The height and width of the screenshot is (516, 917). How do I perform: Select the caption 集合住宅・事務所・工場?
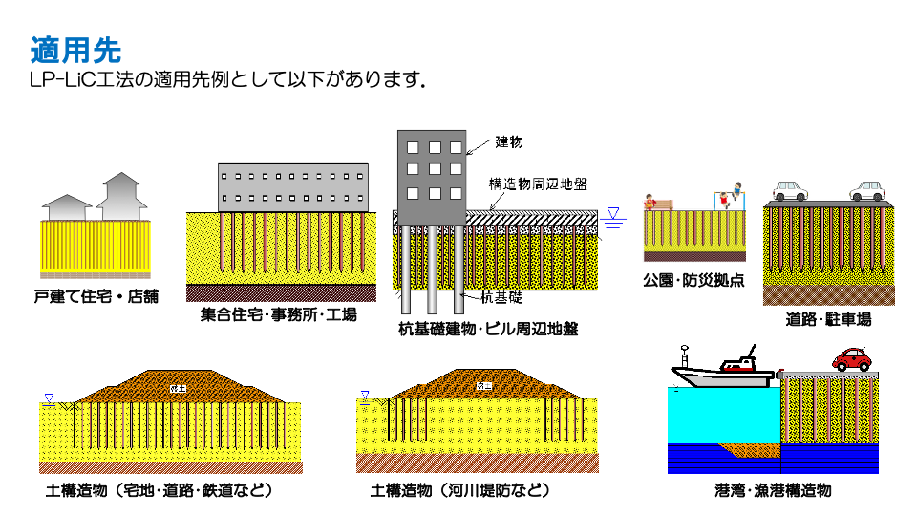pos(279,314)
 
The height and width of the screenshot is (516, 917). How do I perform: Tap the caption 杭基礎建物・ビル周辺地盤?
pos(488,330)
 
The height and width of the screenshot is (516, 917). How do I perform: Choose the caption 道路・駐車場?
pos(828,319)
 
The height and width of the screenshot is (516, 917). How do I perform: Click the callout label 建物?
pos(508,142)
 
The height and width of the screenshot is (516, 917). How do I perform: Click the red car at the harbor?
pos(852,359)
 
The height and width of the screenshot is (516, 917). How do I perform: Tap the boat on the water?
pos(723,371)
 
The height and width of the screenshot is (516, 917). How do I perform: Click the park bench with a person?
pos(659,203)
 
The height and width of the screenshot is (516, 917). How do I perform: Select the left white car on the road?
pos(790,191)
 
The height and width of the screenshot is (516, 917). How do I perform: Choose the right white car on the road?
pos(867,191)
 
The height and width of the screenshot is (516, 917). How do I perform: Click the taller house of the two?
pos(122,196)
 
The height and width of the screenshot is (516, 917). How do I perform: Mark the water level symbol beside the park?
pos(614,216)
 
